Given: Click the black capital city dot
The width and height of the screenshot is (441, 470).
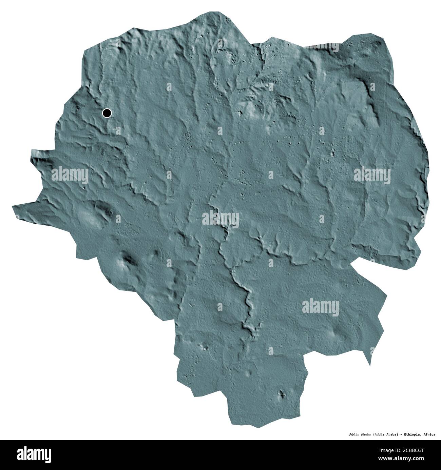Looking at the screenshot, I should coord(107,113).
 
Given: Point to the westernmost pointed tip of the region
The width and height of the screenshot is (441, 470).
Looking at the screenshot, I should coord(12,206).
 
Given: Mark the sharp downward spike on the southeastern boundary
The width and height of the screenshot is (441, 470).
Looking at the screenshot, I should coord(369,365).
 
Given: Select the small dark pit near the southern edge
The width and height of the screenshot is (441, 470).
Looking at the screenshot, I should coord(281,394).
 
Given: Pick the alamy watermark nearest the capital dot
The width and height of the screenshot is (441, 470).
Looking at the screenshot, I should coord(70,176).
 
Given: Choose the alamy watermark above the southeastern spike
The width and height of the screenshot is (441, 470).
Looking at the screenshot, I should coord(320,306).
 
